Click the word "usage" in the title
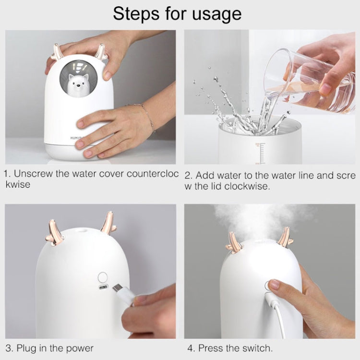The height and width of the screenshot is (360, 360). coord(217,14)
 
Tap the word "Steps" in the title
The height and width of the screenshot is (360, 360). coord(136,14)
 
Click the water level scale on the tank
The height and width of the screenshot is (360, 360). coord(260,153)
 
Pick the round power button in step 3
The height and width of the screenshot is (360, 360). coord(103,277)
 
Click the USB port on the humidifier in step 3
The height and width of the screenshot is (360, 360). coord(103,287)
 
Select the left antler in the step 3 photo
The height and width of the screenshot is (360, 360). coord(53,232)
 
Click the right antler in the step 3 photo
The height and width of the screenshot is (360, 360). coord(108,223)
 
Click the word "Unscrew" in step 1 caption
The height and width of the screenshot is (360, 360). coord(33,174)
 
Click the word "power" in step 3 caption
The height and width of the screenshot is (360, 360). coord(80,348)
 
